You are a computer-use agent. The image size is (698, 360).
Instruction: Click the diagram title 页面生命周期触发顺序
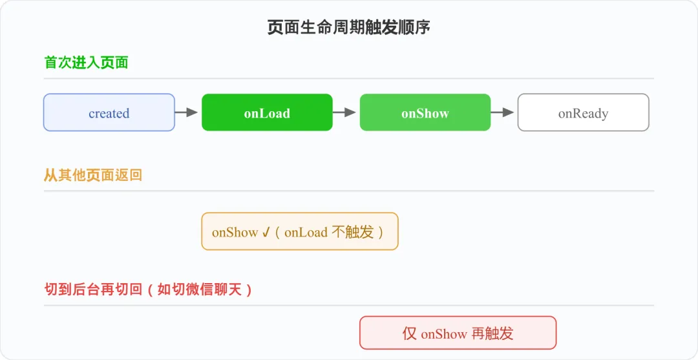pos(348,28)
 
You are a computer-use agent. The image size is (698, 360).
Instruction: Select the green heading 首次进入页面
pos(87,63)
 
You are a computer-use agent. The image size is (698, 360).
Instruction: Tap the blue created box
pos(109,112)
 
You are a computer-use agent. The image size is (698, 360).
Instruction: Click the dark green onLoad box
pos(267,112)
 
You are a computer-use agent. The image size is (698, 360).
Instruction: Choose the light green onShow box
pos(425,112)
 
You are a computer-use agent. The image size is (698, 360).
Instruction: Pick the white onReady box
pos(583,112)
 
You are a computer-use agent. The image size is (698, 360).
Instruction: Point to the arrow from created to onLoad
pos(186,112)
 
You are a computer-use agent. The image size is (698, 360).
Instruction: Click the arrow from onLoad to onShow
pos(344,112)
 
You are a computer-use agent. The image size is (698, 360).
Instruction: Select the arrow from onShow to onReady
pos(503,112)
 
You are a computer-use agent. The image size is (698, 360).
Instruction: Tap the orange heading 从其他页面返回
pos(93,175)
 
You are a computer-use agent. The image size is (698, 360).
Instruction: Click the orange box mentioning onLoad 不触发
pos(300,231)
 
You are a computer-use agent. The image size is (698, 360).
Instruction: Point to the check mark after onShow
pos(266,232)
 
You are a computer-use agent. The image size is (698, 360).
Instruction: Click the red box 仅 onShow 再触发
pos(458,333)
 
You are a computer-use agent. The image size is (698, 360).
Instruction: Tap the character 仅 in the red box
pos(410,334)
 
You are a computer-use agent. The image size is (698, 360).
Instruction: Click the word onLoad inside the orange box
pos(306,232)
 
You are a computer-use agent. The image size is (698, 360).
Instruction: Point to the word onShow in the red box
pos(444,334)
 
